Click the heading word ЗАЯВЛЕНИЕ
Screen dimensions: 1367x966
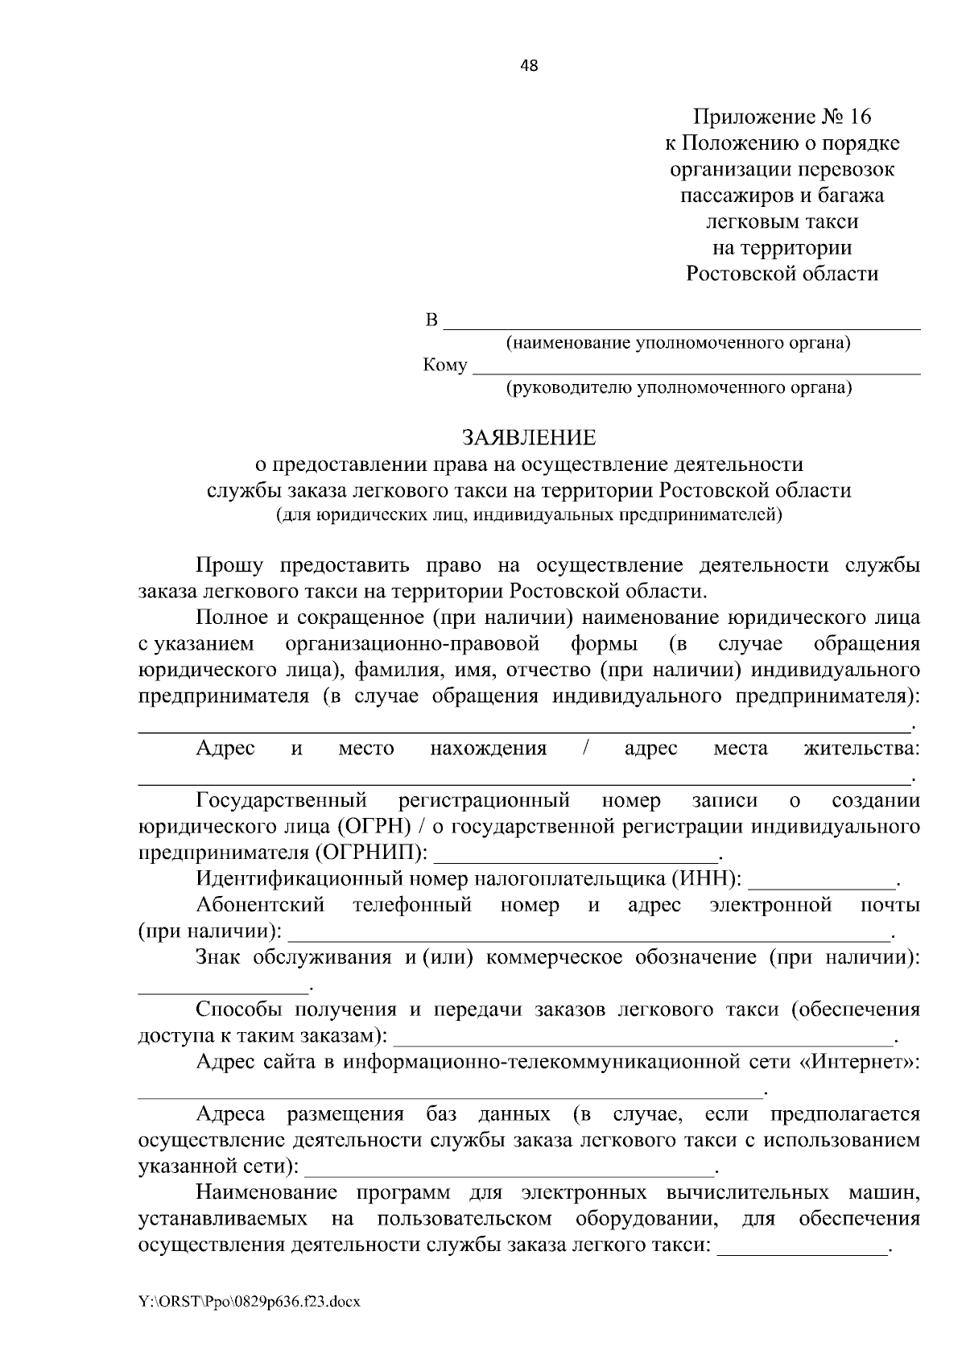tap(529, 438)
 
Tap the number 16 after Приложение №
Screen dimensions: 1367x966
tap(859, 118)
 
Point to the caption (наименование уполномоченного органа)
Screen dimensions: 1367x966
tap(678, 344)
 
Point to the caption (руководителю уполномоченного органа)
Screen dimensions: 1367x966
tap(678, 389)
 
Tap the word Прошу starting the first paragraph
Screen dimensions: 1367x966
tap(229, 566)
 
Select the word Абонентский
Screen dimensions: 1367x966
tap(260, 905)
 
